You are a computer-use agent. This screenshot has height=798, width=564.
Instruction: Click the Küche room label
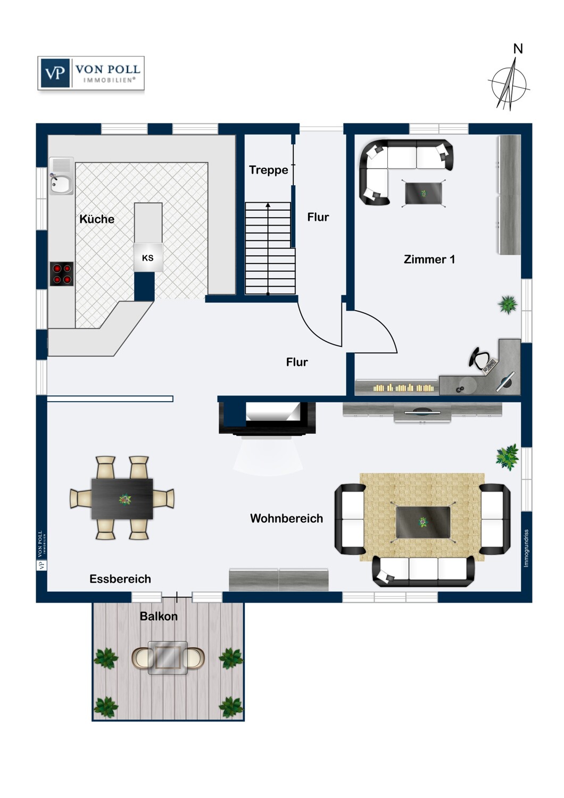point(97,219)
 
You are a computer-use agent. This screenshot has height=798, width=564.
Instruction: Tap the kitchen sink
point(61,176)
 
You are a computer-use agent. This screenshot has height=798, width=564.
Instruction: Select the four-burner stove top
point(62,274)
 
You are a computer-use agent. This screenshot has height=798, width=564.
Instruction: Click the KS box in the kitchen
point(148,257)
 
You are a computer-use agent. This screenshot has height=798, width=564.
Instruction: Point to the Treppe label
point(268,170)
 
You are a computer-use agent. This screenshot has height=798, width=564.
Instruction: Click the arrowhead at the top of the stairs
point(268,205)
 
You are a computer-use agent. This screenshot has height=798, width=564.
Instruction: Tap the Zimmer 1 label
point(429,259)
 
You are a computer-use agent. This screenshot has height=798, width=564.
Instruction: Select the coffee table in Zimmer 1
point(424,194)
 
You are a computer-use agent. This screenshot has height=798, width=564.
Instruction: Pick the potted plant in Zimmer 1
point(508,305)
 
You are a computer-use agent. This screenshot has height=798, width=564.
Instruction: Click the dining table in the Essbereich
point(122,499)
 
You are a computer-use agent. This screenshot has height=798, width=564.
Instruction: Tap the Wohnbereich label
point(286,518)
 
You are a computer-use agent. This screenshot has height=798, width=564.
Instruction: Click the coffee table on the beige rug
point(423,522)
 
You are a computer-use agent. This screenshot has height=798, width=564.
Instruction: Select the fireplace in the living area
point(267,418)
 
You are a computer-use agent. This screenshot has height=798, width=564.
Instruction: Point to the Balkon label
point(159,616)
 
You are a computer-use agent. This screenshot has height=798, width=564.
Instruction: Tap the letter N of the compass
point(518,49)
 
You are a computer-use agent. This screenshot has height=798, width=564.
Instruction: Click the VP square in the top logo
point(55,73)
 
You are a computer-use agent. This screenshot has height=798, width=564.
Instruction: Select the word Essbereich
point(120,579)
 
